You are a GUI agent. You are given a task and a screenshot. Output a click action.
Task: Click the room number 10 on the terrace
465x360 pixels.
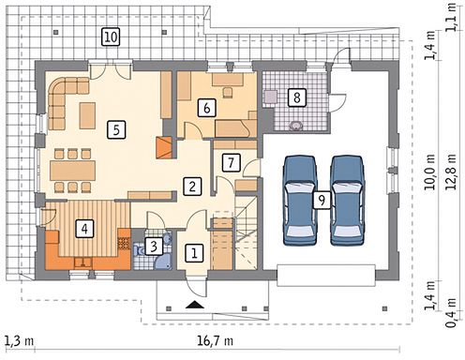(x=111, y=37)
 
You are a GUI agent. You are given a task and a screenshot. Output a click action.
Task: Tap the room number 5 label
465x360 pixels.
(x=116, y=129)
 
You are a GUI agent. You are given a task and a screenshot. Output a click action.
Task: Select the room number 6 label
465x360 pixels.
(x=206, y=108)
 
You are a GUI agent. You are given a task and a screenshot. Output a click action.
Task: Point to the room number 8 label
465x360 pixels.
(x=297, y=97)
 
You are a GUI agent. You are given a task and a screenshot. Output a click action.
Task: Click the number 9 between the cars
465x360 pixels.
(x=322, y=200)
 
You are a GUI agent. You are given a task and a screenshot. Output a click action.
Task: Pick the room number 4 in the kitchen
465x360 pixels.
(x=84, y=229)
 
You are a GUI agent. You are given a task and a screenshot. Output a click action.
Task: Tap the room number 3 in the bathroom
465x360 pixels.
(x=154, y=247)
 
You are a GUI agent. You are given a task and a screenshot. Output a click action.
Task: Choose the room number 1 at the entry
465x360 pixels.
(x=194, y=253)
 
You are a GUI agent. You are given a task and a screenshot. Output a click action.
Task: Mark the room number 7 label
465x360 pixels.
(x=231, y=162)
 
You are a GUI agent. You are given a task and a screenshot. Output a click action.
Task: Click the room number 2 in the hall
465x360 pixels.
(x=192, y=187)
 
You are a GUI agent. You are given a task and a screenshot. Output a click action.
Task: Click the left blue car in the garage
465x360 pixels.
(x=300, y=200)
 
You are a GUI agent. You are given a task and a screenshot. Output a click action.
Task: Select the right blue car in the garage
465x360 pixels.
(x=348, y=200)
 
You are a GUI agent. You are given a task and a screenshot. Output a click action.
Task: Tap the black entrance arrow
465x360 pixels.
(x=194, y=305)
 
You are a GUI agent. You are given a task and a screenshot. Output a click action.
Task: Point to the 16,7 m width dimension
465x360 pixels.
(x=215, y=340)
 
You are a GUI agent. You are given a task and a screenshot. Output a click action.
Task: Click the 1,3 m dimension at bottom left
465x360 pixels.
(x=20, y=340)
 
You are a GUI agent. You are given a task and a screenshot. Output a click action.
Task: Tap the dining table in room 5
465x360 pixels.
(x=73, y=171)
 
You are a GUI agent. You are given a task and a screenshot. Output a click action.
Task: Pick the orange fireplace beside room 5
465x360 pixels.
(x=164, y=147)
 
